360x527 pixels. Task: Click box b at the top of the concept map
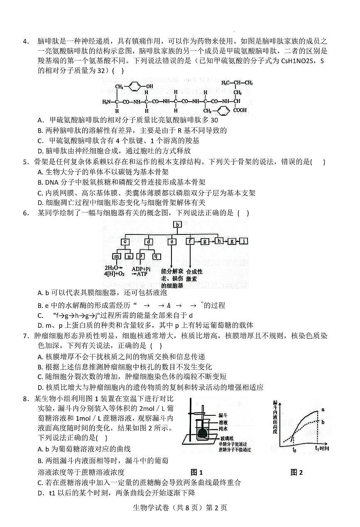177,225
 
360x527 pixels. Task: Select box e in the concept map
172,241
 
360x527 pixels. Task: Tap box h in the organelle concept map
219,241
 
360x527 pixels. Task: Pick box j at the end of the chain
245,241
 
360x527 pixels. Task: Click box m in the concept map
117,256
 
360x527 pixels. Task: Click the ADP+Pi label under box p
140,268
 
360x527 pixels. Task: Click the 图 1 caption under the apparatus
196,472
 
